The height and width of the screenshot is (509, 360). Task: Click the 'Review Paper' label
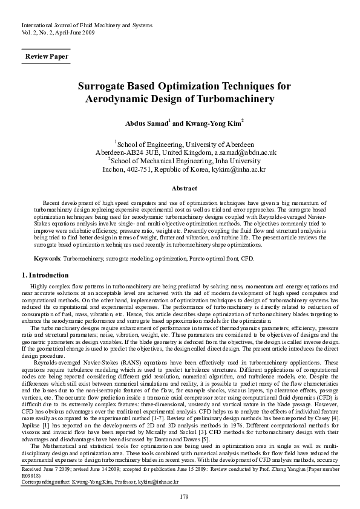coord(46,57)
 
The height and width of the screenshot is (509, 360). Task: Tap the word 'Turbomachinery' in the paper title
coord(240,98)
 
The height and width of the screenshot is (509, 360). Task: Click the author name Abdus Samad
coord(146,123)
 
